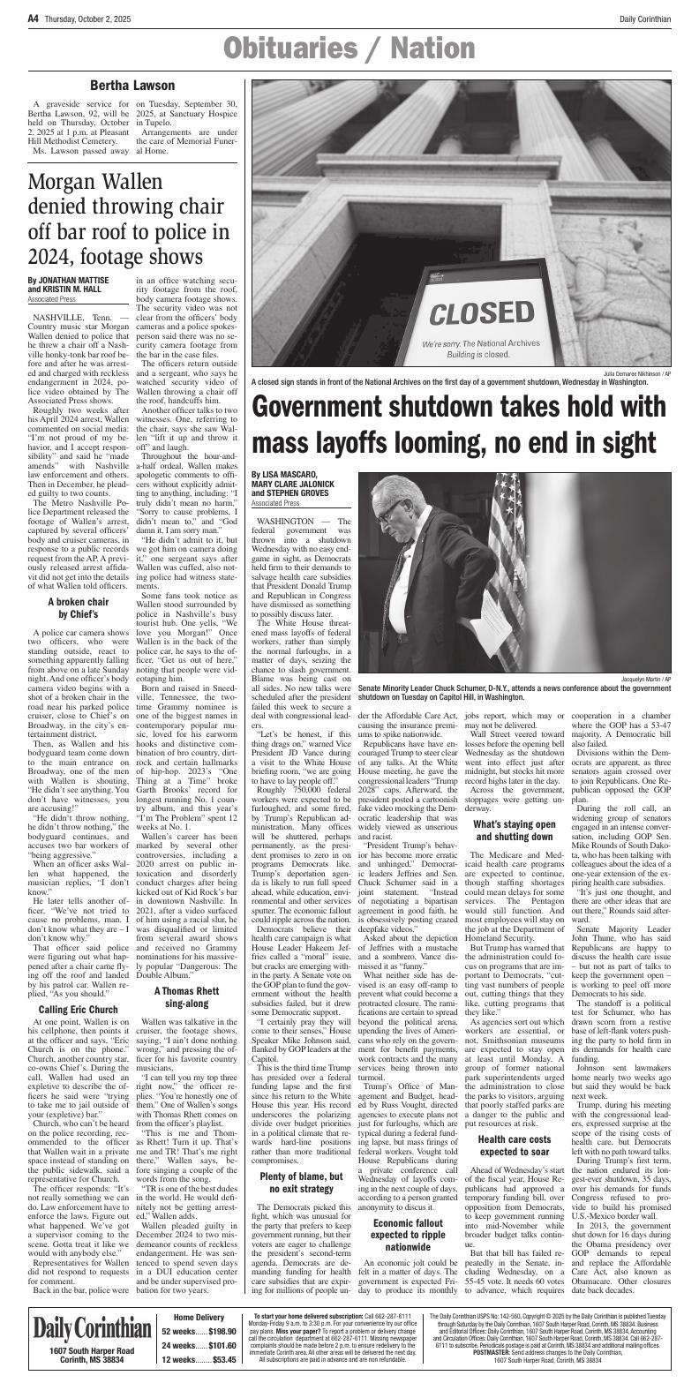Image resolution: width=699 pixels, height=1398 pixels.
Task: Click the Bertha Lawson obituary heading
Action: coord(132,86)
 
